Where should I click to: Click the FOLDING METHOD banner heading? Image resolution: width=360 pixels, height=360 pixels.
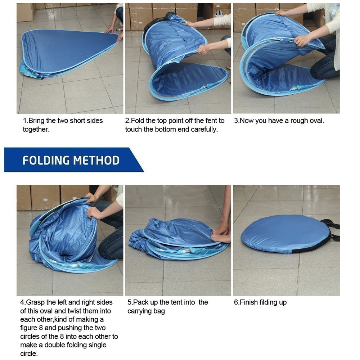71,160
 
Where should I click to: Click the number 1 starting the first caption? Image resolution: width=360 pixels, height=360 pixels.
25,121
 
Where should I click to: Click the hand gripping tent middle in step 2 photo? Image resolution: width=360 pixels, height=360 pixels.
204,49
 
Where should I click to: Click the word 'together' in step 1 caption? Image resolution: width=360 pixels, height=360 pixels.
36,129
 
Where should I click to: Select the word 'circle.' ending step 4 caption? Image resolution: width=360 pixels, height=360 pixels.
29,354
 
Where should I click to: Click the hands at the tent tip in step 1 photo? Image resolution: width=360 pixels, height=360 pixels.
115,34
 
